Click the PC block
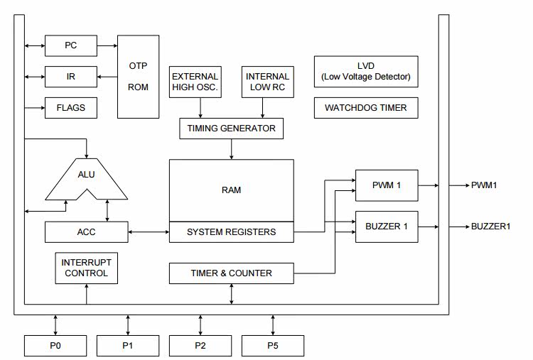click(70, 46)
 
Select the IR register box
click(70, 76)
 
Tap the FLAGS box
click(70, 108)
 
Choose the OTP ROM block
click(138, 76)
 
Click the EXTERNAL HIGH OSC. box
click(195, 82)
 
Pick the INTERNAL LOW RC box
click(267, 82)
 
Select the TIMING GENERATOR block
click(231, 129)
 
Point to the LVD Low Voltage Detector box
click(366, 72)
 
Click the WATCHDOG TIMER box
click(366, 108)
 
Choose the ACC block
click(86, 231)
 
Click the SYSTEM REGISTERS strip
click(231, 232)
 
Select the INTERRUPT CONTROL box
click(86, 268)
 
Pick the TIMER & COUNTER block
click(231, 273)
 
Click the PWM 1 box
click(387, 185)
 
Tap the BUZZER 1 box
click(387, 227)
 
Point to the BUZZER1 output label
click(491, 227)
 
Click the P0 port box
click(55, 346)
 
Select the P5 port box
click(273, 346)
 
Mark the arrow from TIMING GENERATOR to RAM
click(231, 149)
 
